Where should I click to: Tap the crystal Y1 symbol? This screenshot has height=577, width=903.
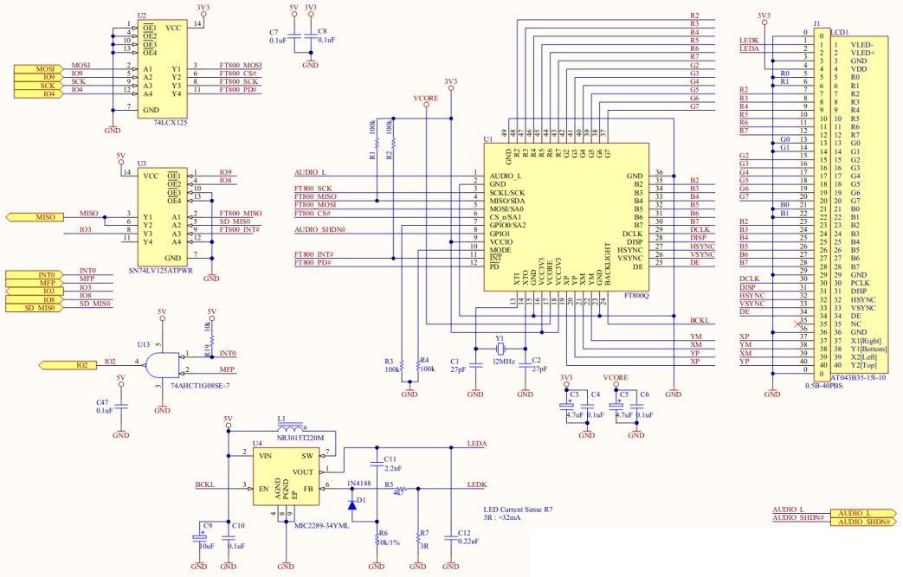tap(500, 349)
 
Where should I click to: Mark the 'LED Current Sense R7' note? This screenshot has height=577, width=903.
tap(519, 510)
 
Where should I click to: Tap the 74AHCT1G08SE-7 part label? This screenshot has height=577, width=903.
tap(201, 382)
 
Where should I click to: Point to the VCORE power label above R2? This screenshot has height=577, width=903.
tap(425, 99)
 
